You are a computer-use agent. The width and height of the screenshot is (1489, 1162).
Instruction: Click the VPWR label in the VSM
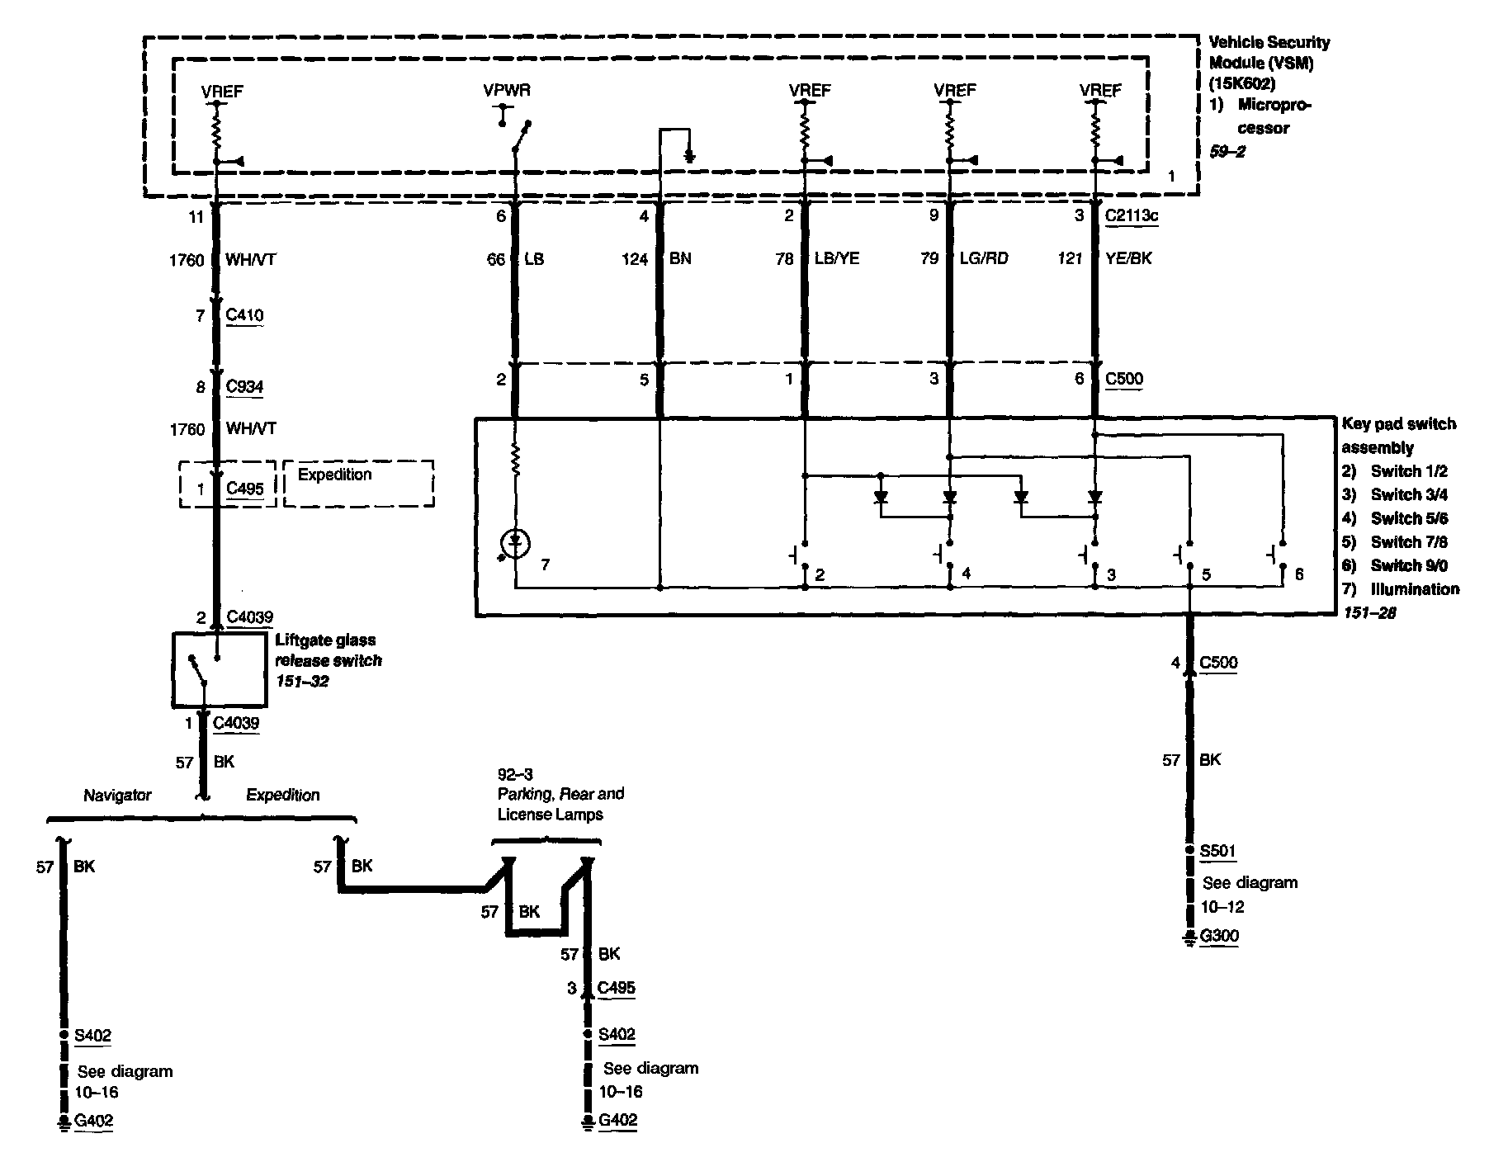(507, 90)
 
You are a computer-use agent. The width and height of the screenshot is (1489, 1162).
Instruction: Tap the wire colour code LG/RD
(983, 258)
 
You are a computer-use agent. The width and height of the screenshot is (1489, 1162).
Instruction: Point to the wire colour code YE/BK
(1128, 258)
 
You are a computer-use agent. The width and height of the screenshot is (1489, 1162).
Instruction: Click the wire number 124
(635, 259)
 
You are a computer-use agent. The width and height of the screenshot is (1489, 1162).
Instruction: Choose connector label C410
(244, 315)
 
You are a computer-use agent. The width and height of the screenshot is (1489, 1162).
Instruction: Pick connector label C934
(244, 386)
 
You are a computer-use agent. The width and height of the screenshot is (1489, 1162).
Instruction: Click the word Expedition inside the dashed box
(334, 475)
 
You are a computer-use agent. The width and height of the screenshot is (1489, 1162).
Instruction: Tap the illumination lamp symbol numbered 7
(516, 542)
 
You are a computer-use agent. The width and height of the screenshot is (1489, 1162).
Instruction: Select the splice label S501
(1218, 851)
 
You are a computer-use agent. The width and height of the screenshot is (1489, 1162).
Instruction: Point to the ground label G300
(1219, 936)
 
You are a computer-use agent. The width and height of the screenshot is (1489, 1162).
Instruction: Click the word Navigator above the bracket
(117, 796)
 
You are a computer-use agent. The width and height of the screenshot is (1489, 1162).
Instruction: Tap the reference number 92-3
(515, 774)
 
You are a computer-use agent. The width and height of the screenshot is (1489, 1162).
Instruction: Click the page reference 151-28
(1368, 613)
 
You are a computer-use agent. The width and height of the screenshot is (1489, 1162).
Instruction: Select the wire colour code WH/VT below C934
(251, 429)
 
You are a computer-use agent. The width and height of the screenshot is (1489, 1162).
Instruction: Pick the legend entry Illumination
(1415, 589)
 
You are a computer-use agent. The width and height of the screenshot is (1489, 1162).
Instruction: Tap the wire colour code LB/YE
(837, 258)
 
